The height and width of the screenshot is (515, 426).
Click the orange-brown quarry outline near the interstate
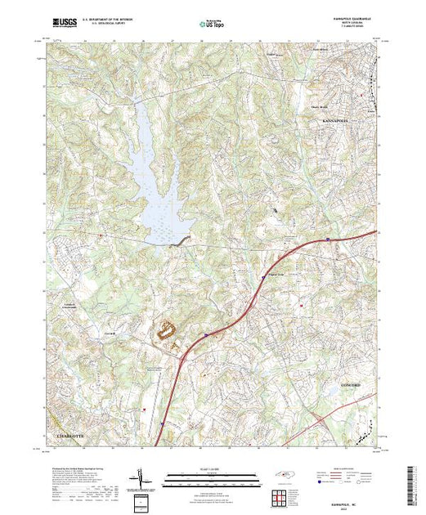[x=167, y=331]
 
